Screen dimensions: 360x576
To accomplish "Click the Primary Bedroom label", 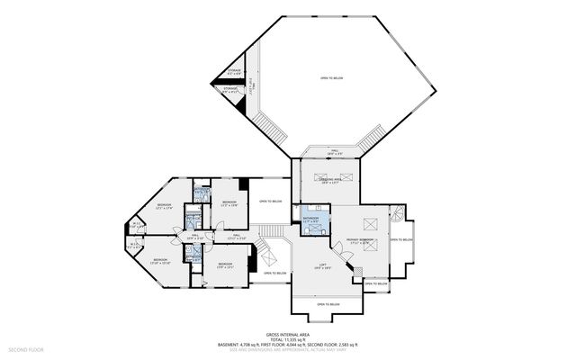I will [x=359, y=240].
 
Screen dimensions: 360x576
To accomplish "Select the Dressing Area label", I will [x=329, y=181].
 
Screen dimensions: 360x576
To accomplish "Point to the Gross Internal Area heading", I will [x=288, y=333].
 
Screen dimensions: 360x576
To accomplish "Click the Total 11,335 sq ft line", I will [x=288, y=338].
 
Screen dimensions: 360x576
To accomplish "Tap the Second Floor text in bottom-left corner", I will [x=25, y=348].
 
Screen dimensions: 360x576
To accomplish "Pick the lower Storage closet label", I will [x=231, y=90].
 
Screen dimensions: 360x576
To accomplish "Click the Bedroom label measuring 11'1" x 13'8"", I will [x=229, y=203].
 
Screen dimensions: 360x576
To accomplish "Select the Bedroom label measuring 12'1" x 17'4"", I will [x=164, y=206].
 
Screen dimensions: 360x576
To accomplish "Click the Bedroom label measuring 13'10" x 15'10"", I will [x=160, y=261].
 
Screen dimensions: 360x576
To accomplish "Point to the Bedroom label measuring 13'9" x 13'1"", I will [x=225, y=265].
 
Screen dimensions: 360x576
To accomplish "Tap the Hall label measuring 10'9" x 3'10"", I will [x=194, y=237].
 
